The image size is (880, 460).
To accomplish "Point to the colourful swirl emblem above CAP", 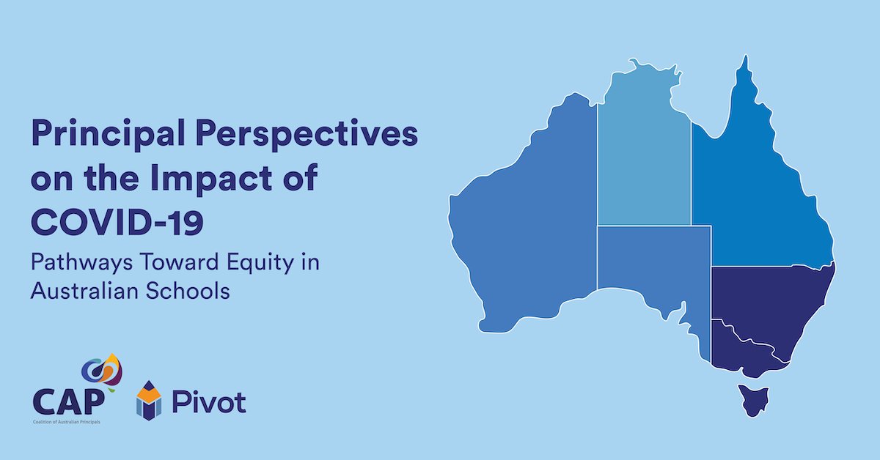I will coord(101,371).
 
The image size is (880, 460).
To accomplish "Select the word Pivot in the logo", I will coord(208,401).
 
